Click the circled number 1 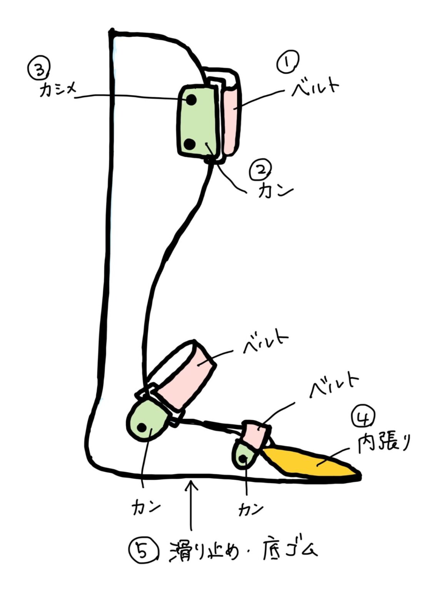pos(287,63)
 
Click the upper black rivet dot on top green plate pos(191,100)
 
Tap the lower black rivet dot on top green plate pos(189,144)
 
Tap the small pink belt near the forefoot pos(257,435)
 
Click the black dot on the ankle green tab pos(142,427)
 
